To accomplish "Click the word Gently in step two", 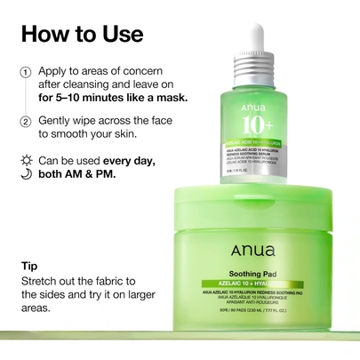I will click(x=59, y=122).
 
